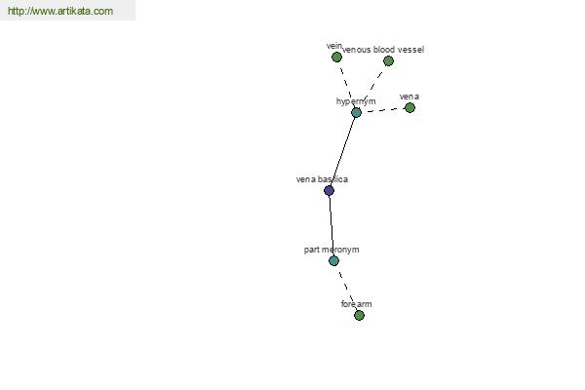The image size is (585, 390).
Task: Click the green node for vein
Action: click(x=336, y=58)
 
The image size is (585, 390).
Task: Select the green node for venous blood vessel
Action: click(x=388, y=60)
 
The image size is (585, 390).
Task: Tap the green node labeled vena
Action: click(x=409, y=107)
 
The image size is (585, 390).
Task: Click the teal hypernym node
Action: click(x=356, y=112)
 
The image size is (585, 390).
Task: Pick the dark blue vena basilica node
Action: click(x=329, y=191)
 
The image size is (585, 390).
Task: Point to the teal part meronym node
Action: click(x=333, y=260)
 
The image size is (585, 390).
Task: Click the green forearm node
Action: click(x=359, y=315)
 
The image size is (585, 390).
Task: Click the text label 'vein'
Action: click(x=334, y=46)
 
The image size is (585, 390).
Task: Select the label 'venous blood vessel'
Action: click(x=383, y=50)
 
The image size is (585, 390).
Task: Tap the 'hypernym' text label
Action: click(x=356, y=101)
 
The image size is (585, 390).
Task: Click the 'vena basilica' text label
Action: click(x=323, y=179)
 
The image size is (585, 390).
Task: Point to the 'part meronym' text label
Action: click(x=331, y=250)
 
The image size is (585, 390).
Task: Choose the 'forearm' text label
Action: click(x=356, y=304)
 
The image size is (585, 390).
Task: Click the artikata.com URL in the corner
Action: click(x=60, y=11)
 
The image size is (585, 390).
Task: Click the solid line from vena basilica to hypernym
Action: click(x=342, y=151)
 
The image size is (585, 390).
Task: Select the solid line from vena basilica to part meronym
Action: click(x=331, y=226)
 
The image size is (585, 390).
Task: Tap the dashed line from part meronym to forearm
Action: click(x=346, y=289)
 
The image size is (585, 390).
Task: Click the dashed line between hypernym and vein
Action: click(x=346, y=85)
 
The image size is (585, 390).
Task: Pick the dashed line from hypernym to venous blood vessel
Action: click(x=372, y=87)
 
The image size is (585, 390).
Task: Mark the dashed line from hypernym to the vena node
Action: click(x=383, y=110)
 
